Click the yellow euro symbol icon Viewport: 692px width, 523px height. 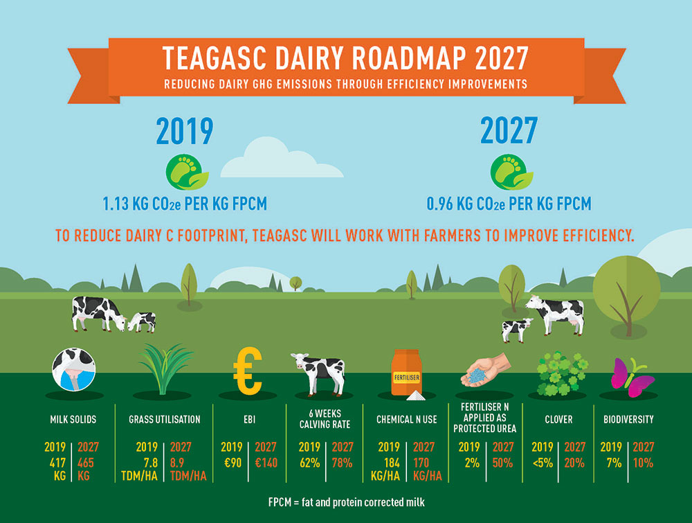(248, 371)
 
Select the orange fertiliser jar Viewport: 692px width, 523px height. (406, 373)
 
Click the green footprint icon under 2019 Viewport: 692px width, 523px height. (187, 172)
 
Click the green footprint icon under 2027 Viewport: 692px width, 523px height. (511, 172)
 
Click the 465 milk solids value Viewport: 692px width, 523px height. (86, 463)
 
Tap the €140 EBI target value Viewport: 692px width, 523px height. (266, 463)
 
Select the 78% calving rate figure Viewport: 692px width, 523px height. (342, 463)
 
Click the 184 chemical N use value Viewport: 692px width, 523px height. (391, 463)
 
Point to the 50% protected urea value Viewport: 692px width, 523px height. (502, 463)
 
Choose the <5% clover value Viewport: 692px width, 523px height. (543, 463)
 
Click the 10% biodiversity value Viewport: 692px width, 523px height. (643, 463)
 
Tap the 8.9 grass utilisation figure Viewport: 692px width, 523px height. (177, 463)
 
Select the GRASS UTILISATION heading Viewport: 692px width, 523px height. (165, 419)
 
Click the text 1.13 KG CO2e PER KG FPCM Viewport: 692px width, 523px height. (185, 204)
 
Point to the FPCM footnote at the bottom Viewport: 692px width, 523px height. (347, 502)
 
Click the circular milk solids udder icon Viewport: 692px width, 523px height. (74, 370)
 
